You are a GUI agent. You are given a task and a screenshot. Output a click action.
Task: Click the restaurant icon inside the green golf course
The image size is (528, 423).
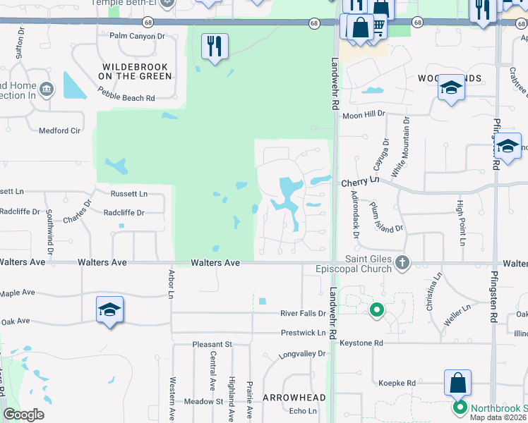point(212,47)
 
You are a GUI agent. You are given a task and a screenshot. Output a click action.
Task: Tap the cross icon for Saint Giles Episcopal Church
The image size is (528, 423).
point(402,263)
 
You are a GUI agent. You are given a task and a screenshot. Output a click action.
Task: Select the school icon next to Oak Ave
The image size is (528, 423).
point(110,309)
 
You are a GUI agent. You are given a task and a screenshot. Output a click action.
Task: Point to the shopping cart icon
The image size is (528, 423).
point(378,26)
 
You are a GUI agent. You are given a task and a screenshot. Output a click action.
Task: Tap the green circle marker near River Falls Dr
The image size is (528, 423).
point(376,309)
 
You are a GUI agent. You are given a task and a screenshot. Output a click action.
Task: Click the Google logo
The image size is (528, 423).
point(23,415)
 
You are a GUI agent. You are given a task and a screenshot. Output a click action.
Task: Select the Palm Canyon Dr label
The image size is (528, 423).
point(137,35)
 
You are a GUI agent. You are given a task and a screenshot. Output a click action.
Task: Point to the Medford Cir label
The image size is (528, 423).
point(59,130)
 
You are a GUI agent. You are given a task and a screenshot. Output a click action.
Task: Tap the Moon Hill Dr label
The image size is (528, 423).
point(364,113)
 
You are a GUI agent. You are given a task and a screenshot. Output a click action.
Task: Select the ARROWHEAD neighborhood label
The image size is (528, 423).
point(294,398)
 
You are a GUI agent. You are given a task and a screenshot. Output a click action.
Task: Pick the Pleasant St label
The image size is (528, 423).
point(212,344)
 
